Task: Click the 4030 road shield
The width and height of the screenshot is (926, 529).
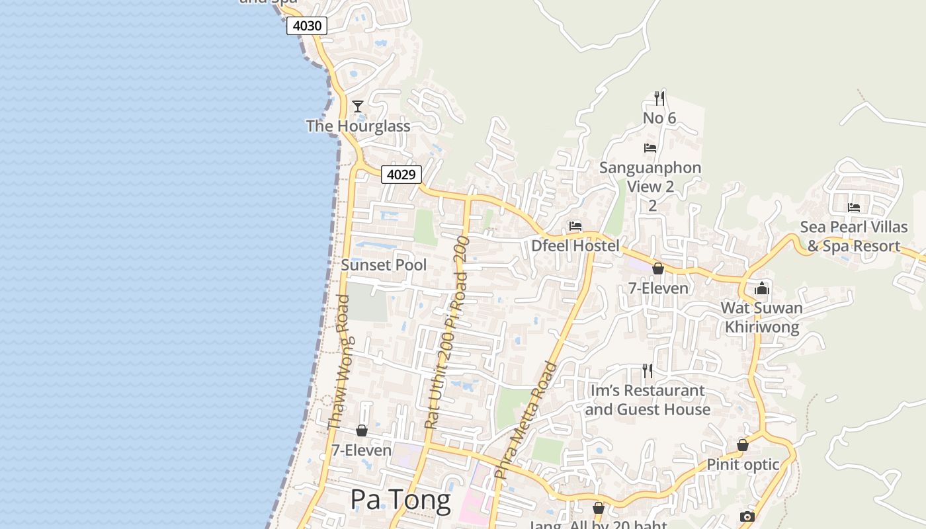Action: click(307, 26)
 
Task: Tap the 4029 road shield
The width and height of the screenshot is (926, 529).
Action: click(401, 175)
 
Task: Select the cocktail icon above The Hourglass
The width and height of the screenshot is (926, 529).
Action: click(358, 106)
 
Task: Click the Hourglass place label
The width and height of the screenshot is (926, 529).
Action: click(358, 126)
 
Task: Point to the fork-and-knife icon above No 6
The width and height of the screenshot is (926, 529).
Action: click(659, 99)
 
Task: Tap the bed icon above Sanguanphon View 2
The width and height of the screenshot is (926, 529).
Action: click(650, 148)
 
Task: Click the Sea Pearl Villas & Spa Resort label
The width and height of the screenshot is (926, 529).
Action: click(853, 237)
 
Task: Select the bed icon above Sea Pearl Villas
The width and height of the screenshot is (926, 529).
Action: click(854, 208)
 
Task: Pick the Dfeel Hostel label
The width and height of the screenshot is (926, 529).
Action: click(575, 246)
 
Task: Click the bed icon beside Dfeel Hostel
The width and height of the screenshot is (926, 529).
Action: click(575, 226)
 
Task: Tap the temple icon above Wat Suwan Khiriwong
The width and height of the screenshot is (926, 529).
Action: click(762, 288)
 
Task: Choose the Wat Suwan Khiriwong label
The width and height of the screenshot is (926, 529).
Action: click(761, 317)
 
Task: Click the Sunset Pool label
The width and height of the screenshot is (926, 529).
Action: click(384, 265)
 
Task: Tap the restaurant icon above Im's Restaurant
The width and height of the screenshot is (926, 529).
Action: click(648, 371)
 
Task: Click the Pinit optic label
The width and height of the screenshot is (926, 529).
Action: click(743, 465)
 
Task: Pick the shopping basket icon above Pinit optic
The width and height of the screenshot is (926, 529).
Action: click(743, 445)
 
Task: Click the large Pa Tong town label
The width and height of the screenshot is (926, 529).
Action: click(400, 500)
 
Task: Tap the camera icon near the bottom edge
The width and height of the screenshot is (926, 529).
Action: click(747, 516)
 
